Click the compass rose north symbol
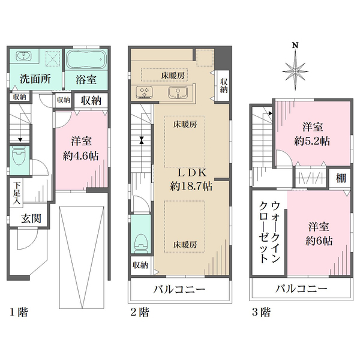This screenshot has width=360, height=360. pyautogui.click(x=295, y=69)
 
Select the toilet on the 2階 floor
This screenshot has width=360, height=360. pyautogui.click(x=140, y=241)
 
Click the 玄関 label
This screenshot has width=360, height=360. pyautogui.click(x=31, y=218)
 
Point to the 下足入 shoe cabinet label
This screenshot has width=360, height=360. pyautogui.click(x=17, y=193)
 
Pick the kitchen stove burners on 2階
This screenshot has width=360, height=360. pyautogui.click(x=145, y=92)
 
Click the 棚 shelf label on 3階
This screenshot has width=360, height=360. pyautogui.click(x=340, y=179)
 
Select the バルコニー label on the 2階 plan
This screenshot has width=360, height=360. pyautogui.click(x=179, y=290)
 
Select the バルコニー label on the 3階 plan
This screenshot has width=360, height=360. pyautogui.click(x=302, y=290)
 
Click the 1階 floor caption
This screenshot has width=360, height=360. pyautogui.click(x=17, y=312)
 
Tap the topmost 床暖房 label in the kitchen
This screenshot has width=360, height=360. pyautogui.click(x=173, y=75)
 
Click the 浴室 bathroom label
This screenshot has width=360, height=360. pyautogui.click(x=88, y=79)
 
